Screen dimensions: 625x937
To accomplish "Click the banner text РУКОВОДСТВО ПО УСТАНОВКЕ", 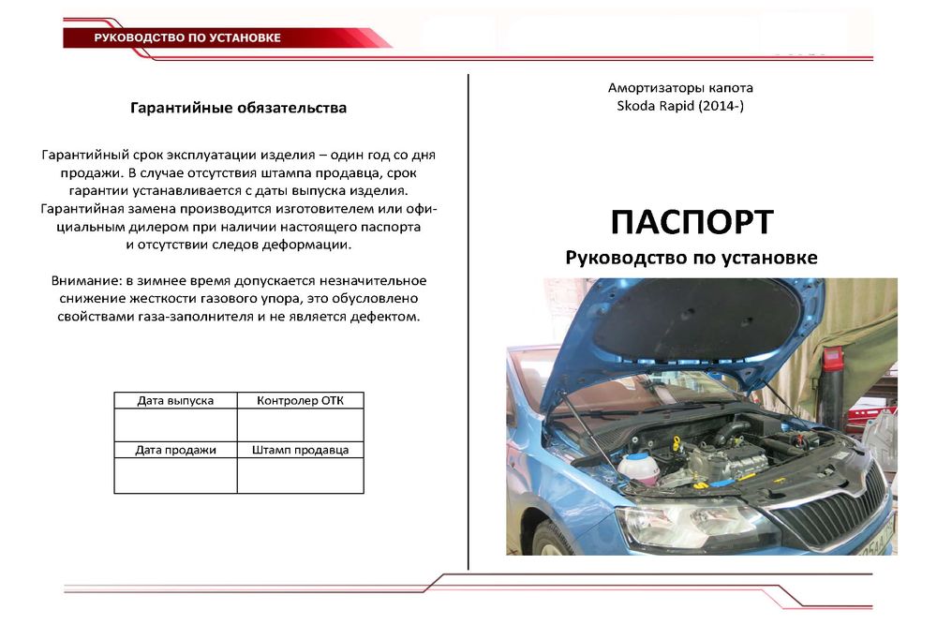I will (187, 38).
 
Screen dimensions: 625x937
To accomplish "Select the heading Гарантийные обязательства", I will (238, 108).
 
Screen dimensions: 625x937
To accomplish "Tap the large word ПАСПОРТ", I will (692, 223).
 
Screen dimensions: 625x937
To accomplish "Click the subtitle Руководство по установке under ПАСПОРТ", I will (692, 258).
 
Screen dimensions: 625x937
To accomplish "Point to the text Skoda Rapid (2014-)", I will (679, 106).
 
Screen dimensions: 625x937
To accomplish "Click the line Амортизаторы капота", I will (680, 88).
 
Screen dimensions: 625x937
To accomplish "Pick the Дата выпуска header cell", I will (175, 401).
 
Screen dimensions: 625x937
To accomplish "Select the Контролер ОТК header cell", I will (300, 401).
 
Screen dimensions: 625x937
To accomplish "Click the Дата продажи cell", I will (175, 451).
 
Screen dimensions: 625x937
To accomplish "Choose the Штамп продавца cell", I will (300, 451).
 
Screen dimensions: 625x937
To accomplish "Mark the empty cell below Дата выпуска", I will (175, 424).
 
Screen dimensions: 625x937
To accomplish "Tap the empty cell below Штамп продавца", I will (300, 476).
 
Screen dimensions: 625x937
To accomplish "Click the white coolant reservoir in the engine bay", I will (636, 466).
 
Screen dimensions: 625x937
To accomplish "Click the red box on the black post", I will (832, 359).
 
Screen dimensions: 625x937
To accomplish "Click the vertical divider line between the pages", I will (468, 319).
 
